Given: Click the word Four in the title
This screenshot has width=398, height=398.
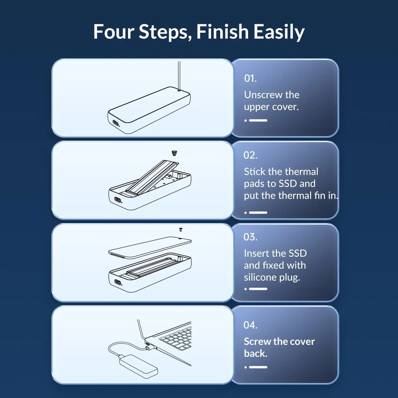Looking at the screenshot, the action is (x=114, y=32).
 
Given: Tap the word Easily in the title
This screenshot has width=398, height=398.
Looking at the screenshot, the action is (x=279, y=32).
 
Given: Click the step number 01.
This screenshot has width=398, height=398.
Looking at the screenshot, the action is (x=250, y=78).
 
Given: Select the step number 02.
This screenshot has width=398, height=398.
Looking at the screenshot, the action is (x=250, y=155).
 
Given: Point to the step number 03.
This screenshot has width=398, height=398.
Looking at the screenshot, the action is (x=250, y=237).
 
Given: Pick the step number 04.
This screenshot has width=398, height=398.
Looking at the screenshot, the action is (x=250, y=325).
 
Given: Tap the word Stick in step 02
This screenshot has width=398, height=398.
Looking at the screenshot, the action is (x=255, y=171).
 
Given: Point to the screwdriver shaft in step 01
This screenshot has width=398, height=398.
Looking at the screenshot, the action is (x=179, y=76).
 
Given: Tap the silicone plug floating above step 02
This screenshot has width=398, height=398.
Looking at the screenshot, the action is (x=174, y=153).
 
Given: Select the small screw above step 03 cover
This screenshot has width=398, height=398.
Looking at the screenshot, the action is (x=181, y=230).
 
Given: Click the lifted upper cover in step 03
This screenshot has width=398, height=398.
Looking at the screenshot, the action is (x=150, y=247).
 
